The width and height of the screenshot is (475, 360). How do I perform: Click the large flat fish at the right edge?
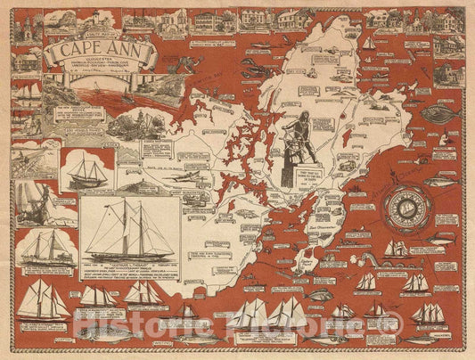(444, 115)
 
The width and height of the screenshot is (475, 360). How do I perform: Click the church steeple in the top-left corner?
(28, 27)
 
